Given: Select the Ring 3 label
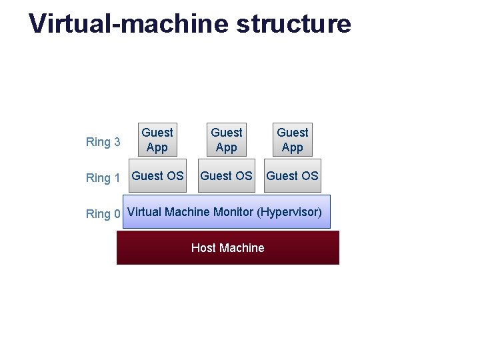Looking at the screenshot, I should coord(103,142).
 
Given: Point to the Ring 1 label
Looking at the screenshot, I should coord(103,178).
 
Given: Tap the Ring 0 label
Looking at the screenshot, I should coord(103,214).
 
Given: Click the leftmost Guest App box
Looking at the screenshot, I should coord(157,140).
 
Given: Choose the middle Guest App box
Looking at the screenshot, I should coord(227,140).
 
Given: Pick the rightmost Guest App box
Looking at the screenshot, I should coord(293,140).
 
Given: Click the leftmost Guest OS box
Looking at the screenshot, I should coord(157,176).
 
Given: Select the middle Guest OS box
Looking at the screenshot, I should coord(227,176).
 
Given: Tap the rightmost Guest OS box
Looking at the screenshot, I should coord(293,176).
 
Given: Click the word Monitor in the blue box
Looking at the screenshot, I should coord(233,212).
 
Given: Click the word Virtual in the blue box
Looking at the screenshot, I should coord(144,212).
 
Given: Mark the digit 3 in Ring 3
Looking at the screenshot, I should coord(117,142).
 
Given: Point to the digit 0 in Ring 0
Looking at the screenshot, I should coord(117,214).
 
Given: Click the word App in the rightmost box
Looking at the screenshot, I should coord(293,148).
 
